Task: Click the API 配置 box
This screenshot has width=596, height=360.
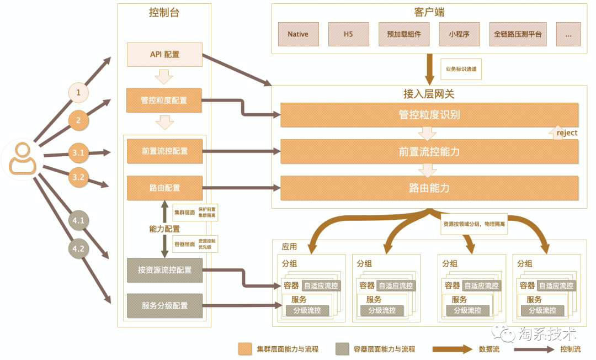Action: pos(164,55)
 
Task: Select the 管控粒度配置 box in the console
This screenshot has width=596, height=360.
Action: pos(164,100)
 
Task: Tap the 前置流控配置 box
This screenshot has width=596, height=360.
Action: pos(164,151)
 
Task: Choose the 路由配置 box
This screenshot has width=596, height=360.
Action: pos(164,188)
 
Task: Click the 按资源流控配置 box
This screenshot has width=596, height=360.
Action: pos(164,270)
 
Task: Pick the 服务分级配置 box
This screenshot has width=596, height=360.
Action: pos(164,306)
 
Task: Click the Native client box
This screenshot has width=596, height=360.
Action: pos(297,34)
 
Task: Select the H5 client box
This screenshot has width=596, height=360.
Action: pos(348,34)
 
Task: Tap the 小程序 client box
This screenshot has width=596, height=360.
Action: pos(459,34)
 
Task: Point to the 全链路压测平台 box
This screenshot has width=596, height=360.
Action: pos(518,34)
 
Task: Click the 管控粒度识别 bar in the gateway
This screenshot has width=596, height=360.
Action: pos(429,115)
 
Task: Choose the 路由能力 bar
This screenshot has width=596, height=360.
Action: pos(429,188)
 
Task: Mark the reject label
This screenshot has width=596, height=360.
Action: pos(567,133)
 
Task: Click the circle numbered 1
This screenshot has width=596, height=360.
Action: pos(78,93)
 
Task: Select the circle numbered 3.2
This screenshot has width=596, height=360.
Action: pos(78,177)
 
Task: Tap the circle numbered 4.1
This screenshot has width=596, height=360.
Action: pos(78,221)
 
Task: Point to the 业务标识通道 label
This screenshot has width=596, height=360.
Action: pos(461,70)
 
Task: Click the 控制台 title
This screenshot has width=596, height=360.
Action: pos(164,13)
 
